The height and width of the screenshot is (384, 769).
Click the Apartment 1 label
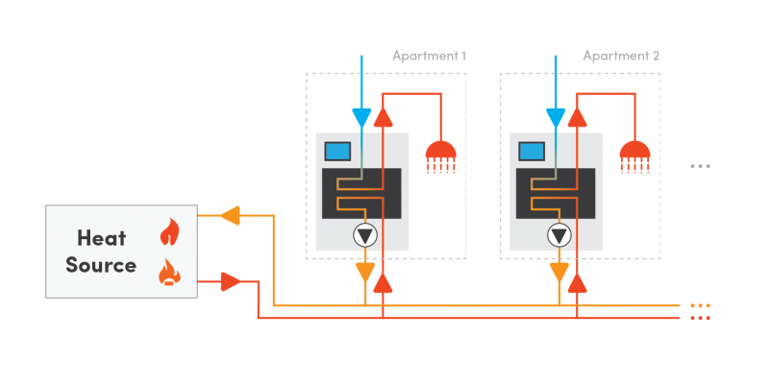[x=429, y=56]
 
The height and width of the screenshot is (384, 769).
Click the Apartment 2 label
[x=621, y=56]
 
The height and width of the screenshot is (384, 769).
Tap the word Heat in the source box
[x=102, y=237]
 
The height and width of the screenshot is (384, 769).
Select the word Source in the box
[x=101, y=265]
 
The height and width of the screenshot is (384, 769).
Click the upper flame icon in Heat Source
[x=169, y=232]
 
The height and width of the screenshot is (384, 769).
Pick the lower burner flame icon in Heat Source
[x=169, y=273]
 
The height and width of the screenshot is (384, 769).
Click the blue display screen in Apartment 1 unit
[x=337, y=151]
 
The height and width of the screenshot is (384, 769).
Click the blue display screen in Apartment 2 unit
[x=532, y=151]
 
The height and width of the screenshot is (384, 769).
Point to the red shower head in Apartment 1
[x=441, y=156]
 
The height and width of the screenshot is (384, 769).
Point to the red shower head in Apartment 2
[x=635, y=156]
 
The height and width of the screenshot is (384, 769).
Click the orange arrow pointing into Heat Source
[x=229, y=215]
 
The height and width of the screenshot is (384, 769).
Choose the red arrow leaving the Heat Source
[x=231, y=281]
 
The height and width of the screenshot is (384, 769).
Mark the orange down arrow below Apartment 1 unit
[x=364, y=273]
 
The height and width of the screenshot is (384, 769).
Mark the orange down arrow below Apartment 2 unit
[x=558, y=273]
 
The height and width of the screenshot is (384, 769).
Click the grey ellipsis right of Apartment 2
[x=700, y=166]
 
